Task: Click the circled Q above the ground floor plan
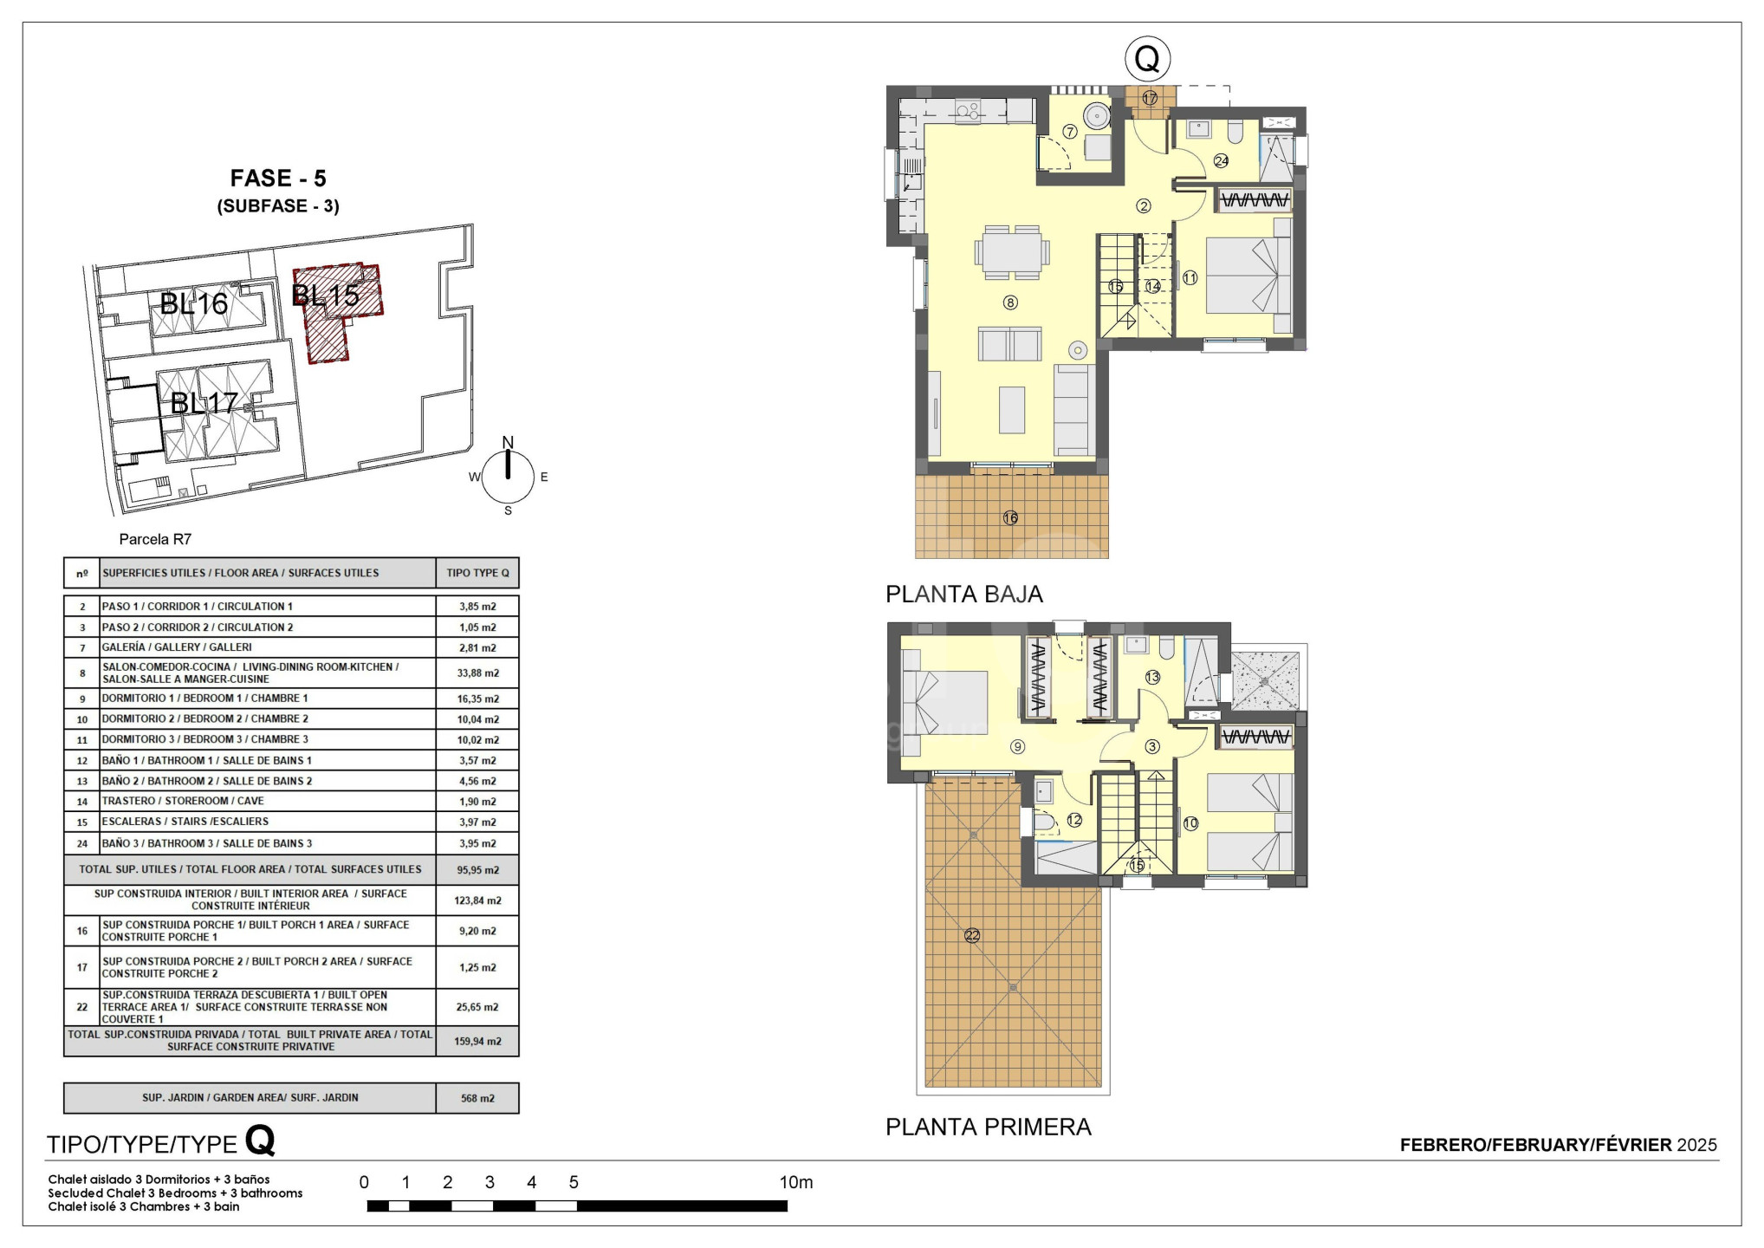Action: tap(1147, 59)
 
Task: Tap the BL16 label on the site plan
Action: tap(194, 303)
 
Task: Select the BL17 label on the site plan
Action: tap(204, 403)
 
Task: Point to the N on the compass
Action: tap(508, 443)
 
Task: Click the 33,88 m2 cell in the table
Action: tap(477, 673)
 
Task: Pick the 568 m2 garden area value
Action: tap(477, 1098)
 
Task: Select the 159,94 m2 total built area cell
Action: tap(477, 1041)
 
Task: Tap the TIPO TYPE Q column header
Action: tap(477, 573)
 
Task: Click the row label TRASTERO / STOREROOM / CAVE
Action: tap(183, 802)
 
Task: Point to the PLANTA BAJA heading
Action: tap(963, 595)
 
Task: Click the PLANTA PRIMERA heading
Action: tap(988, 1127)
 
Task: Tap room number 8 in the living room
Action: tap(1010, 302)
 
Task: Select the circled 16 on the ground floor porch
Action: tap(1010, 518)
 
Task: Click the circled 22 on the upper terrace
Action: tap(972, 935)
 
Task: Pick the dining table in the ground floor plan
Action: tap(1012, 252)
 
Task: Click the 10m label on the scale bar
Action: tap(796, 1182)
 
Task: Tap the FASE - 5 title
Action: tap(278, 179)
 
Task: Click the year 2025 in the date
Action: tap(1696, 1145)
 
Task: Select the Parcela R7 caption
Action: tap(155, 539)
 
